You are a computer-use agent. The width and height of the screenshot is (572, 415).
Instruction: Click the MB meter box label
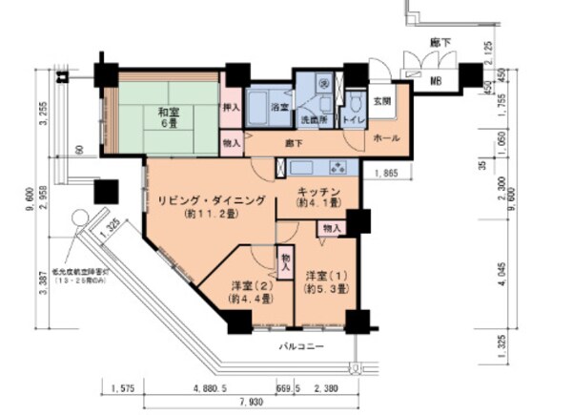(436, 80)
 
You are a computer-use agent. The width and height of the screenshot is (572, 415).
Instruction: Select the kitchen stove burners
(337, 168)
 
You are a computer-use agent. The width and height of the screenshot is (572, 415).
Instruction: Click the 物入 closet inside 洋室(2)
(284, 259)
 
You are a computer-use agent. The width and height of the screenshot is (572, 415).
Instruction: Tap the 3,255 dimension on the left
(42, 114)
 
